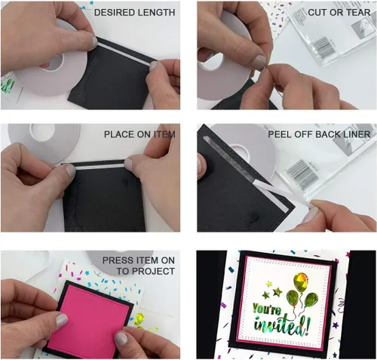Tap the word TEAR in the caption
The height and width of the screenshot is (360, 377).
[x=357, y=12]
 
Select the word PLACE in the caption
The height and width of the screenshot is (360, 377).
[x=118, y=134]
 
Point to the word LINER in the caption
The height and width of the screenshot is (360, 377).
[x=356, y=134]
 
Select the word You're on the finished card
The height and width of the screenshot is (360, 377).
[x=267, y=309]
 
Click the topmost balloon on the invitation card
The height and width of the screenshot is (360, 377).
[x=300, y=281]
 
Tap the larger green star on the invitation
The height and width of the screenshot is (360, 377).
[x=277, y=292]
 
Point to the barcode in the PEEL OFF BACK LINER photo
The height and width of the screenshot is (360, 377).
[x=302, y=174]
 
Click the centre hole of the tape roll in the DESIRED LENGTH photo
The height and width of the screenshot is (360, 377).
[x=54, y=63]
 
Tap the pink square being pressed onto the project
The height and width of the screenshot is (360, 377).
[x=89, y=320]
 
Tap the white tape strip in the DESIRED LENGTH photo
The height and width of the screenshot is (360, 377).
[x=126, y=53]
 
